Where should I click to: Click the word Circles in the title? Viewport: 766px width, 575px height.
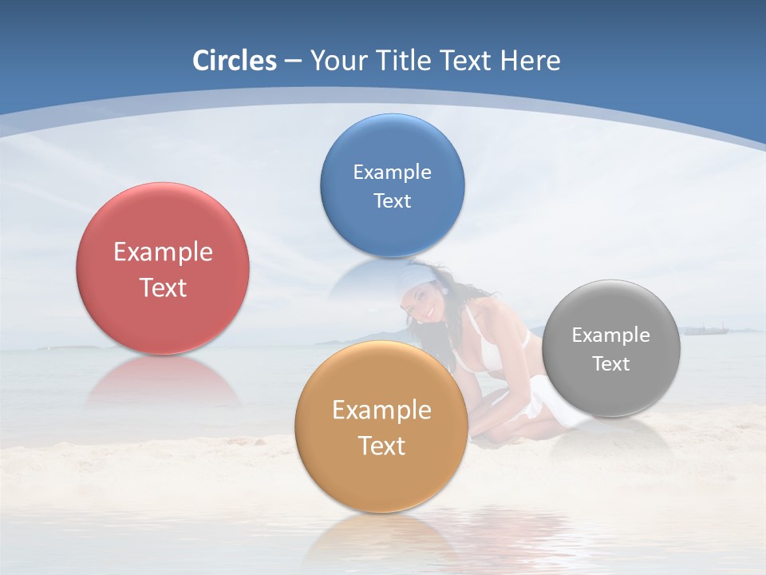pos(235,61)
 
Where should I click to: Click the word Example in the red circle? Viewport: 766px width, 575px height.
pos(163,252)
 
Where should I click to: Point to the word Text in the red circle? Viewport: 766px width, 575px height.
pos(163,287)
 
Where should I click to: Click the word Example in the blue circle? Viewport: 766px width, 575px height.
pos(393,172)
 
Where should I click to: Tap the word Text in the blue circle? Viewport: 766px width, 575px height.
pos(393,200)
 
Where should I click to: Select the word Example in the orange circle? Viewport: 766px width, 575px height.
pos(381,410)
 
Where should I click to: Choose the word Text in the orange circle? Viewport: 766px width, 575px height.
pos(381,446)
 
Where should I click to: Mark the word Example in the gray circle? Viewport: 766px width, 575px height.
pos(611,335)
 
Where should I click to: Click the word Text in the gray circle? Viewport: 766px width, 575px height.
pos(611,364)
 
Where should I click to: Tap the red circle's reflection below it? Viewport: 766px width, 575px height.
pos(163,383)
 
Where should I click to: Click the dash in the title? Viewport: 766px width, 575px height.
pos(292,61)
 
